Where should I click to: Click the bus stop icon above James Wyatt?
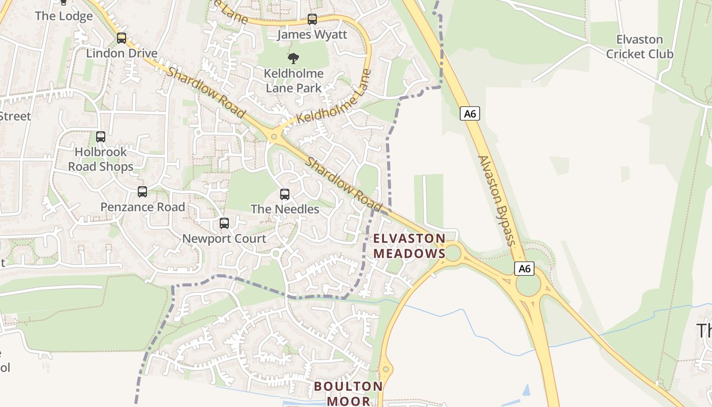(x=312, y=19)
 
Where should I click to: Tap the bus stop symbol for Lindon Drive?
(x=121, y=38)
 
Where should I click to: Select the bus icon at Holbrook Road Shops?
(x=101, y=137)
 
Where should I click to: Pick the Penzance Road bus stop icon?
(x=142, y=192)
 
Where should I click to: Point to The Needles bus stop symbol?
(x=285, y=194)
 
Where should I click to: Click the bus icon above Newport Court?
(x=224, y=223)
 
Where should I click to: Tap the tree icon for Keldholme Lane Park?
(x=293, y=59)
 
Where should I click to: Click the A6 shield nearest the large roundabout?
(x=524, y=268)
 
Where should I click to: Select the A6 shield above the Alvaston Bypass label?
(x=470, y=113)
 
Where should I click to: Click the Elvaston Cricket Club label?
(x=639, y=47)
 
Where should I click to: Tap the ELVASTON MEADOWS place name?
(x=409, y=246)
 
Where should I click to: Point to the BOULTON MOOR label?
(x=348, y=393)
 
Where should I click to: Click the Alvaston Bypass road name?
(x=495, y=200)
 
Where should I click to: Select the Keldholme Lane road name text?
(x=333, y=97)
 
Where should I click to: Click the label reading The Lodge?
(x=64, y=16)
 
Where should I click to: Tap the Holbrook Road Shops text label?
(x=101, y=159)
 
